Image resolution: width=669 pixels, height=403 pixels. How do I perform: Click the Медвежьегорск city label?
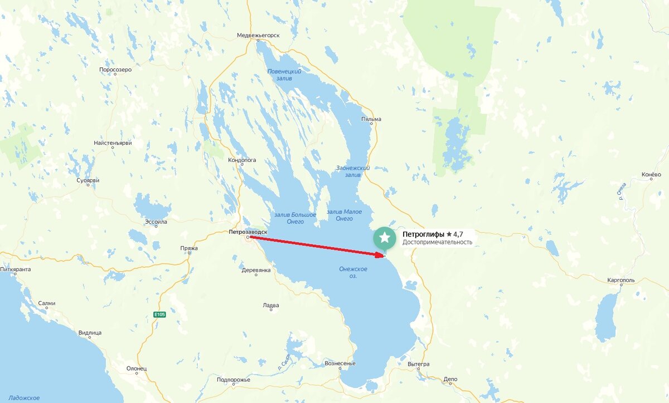click(x=258, y=35)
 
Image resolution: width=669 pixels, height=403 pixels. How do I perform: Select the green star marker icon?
click(x=384, y=238)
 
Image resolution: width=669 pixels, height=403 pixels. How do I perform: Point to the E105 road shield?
click(x=160, y=315)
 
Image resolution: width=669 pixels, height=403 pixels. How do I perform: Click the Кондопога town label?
click(x=242, y=160)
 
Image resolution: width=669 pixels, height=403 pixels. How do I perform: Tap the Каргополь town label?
click(x=623, y=281)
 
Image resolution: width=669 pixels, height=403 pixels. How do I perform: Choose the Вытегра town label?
click(x=418, y=364)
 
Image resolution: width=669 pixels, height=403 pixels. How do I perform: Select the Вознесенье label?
click(x=340, y=363)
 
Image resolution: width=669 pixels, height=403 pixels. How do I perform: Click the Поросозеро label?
click(x=115, y=70)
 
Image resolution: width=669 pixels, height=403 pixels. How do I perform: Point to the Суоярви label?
click(x=88, y=181)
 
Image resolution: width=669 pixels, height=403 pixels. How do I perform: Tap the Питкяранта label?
click(x=16, y=269)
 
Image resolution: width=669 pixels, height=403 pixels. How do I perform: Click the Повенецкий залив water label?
click(x=284, y=76)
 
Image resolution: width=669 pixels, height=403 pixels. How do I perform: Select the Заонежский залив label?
click(x=353, y=171)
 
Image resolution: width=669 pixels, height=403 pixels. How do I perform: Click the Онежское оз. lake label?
click(x=353, y=272)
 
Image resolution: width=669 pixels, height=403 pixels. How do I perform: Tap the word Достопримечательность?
click(x=437, y=242)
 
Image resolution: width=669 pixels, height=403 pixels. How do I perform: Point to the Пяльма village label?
click(x=371, y=119)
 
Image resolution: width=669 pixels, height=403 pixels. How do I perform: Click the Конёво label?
click(x=651, y=174)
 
